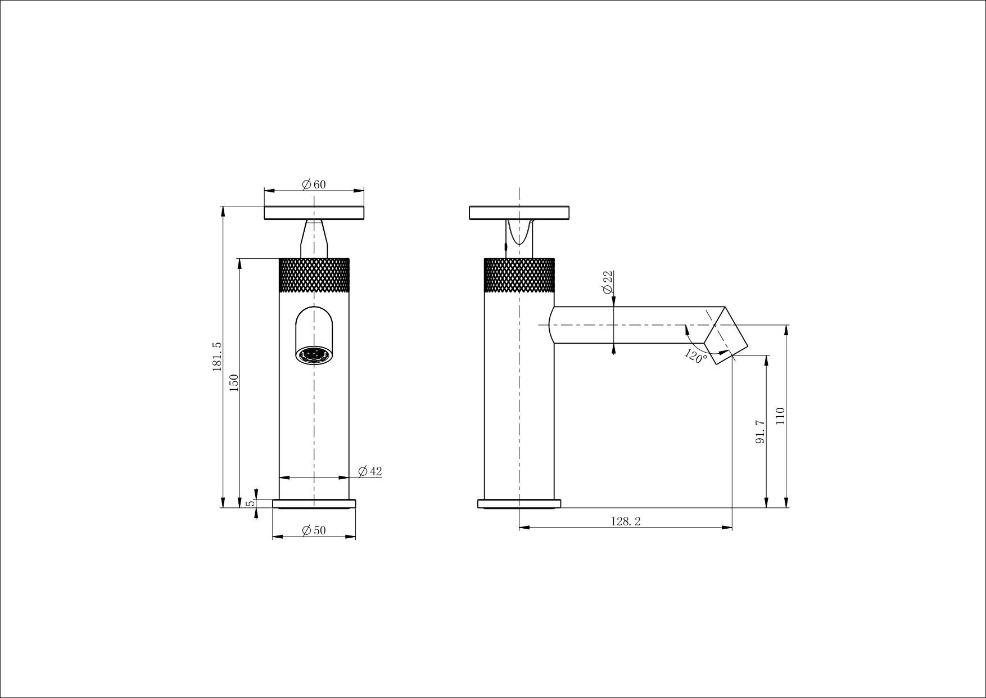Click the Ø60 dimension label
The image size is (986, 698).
click(314, 184)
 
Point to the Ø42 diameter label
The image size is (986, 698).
click(369, 471)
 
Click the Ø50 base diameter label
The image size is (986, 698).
click(314, 530)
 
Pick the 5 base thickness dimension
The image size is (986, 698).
click(253, 502)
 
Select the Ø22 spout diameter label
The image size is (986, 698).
click(607, 282)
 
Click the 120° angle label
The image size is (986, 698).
click(696, 357)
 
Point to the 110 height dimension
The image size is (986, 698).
click(779, 416)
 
